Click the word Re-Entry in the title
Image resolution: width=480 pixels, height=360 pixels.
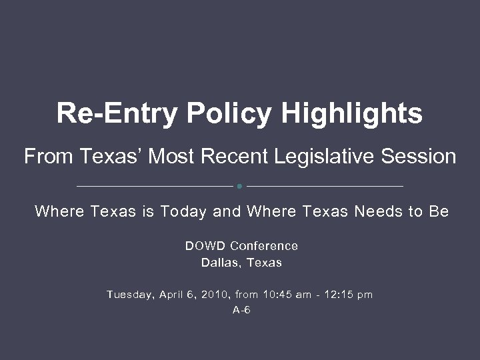[117, 113]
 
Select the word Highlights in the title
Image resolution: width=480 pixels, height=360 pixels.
[352, 113]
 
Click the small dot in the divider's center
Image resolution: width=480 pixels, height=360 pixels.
[240, 185]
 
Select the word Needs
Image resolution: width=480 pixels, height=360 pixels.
[379, 212]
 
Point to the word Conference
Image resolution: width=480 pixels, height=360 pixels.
[264, 246]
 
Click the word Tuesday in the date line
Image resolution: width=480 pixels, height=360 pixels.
[131, 294]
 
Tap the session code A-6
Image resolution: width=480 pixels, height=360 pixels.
[241, 310]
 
